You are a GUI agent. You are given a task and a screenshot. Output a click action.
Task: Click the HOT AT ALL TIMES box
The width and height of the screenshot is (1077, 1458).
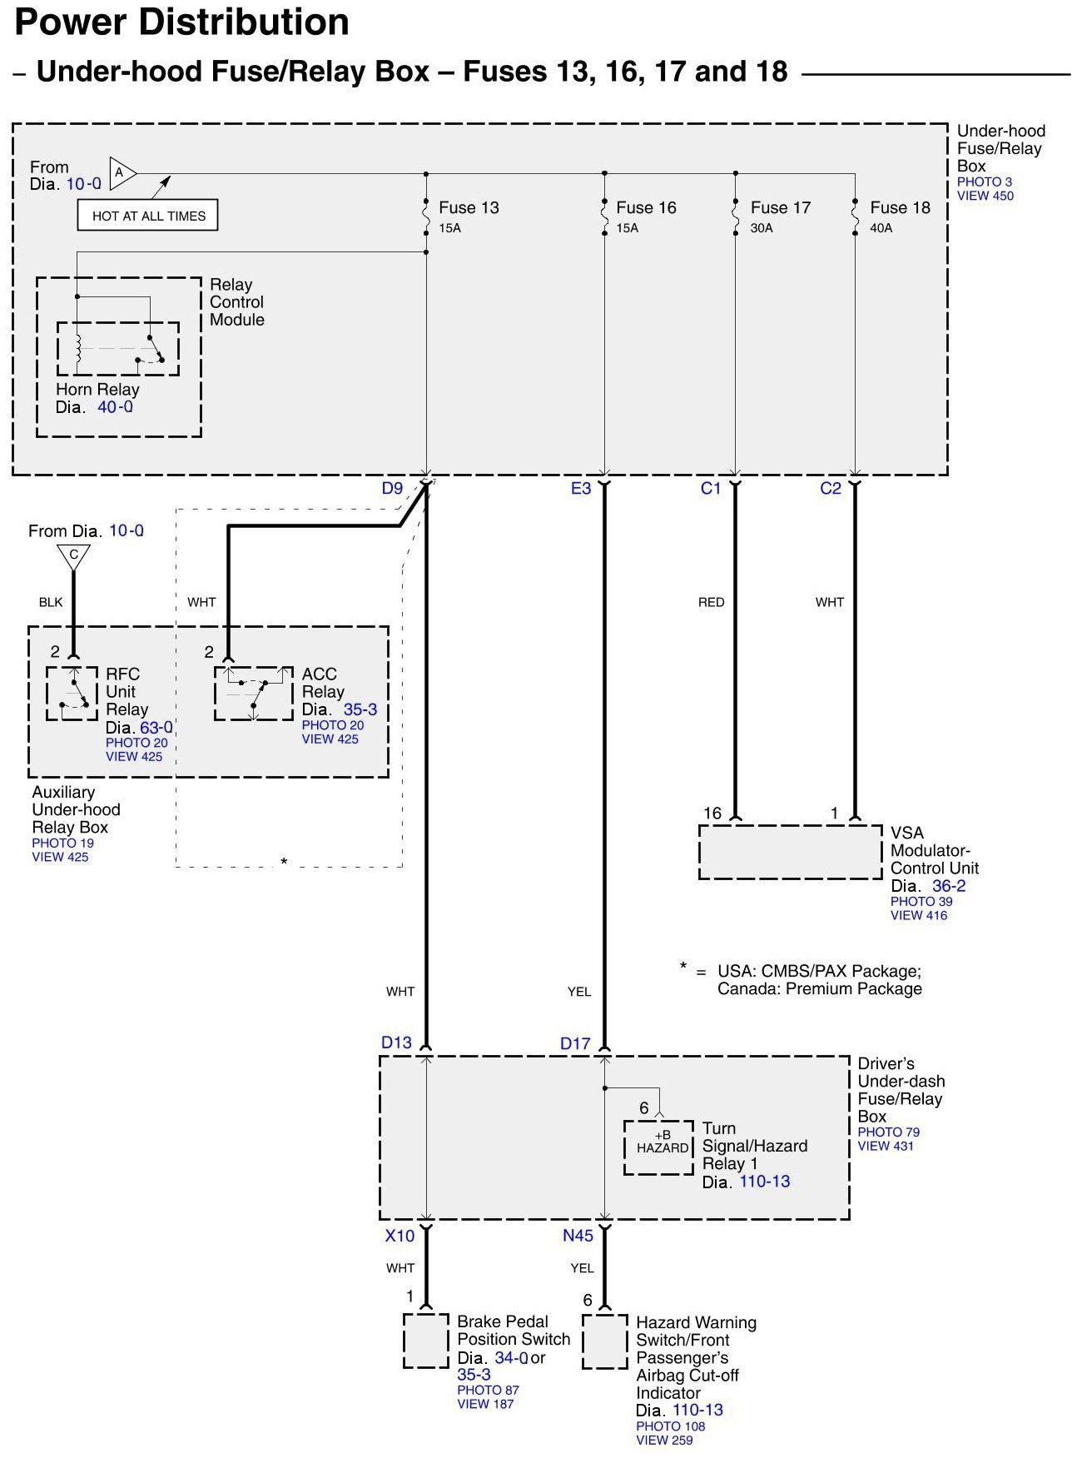click(148, 216)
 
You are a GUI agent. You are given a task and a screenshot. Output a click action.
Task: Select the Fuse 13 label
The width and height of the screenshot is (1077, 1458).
click(469, 207)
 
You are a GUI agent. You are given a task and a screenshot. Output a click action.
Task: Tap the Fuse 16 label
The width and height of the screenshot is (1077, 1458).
click(646, 207)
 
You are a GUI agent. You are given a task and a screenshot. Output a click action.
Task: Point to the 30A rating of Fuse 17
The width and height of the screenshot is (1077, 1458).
click(761, 227)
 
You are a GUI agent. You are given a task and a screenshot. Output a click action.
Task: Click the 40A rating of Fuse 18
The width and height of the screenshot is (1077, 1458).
click(881, 227)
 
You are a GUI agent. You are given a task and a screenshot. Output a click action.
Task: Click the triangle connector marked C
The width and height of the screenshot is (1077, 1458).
click(73, 555)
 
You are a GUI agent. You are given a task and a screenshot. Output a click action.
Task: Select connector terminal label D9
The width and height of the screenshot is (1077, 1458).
click(392, 488)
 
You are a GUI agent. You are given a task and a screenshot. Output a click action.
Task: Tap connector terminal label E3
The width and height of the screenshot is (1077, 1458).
click(580, 488)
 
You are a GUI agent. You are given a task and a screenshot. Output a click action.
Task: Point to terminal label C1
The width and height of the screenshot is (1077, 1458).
click(710, 488)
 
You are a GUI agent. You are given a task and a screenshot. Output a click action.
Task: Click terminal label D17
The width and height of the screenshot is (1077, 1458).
click(575, 1043)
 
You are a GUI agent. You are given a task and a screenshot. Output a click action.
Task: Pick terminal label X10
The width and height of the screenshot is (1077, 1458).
click(400, 1236)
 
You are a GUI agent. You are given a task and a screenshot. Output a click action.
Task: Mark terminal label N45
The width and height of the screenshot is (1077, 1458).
click(578, 1236)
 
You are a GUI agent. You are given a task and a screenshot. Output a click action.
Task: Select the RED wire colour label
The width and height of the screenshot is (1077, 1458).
click(711, 602)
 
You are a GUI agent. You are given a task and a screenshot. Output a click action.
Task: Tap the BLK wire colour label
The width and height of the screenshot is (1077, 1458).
click(51, 602)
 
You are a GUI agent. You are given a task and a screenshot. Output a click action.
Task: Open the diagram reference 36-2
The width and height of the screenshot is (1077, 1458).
click(949, 886)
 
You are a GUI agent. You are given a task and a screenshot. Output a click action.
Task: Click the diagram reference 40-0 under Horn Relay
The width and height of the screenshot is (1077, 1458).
click(115, 407)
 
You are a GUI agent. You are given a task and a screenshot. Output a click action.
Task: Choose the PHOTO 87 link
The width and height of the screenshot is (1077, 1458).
click(488, 1390)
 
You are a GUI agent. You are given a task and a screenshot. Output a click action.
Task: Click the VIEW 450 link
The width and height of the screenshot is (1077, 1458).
click(985, 196)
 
